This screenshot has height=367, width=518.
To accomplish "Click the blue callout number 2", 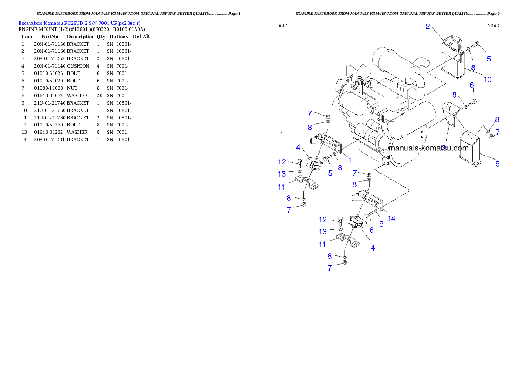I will pyautogui.click(x=427, y=27).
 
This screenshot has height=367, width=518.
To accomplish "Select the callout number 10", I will pyautogui.click(x=487, y=79).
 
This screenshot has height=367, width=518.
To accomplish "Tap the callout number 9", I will pyautogui.click(x=497, y=164).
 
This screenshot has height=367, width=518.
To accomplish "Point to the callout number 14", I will pyautogui.click(x=392, y=218).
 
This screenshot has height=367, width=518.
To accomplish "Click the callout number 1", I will pyautogui.click(x=350, y=160).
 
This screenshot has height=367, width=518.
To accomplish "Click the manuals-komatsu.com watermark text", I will pyautogui.click(x=428, y=148).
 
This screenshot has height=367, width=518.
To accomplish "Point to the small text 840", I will pyautogui.click(x=283, y=26).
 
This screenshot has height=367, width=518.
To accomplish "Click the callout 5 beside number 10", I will pyautogui.click(x=488, y=58).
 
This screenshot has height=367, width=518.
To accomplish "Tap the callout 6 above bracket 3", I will pyautogui.click(x=471, y=85).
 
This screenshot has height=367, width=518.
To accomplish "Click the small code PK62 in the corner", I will pyautogui.click(x=493, y=26).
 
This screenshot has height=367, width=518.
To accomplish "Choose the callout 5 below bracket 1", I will pyautogui.click(x=330, y=173).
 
